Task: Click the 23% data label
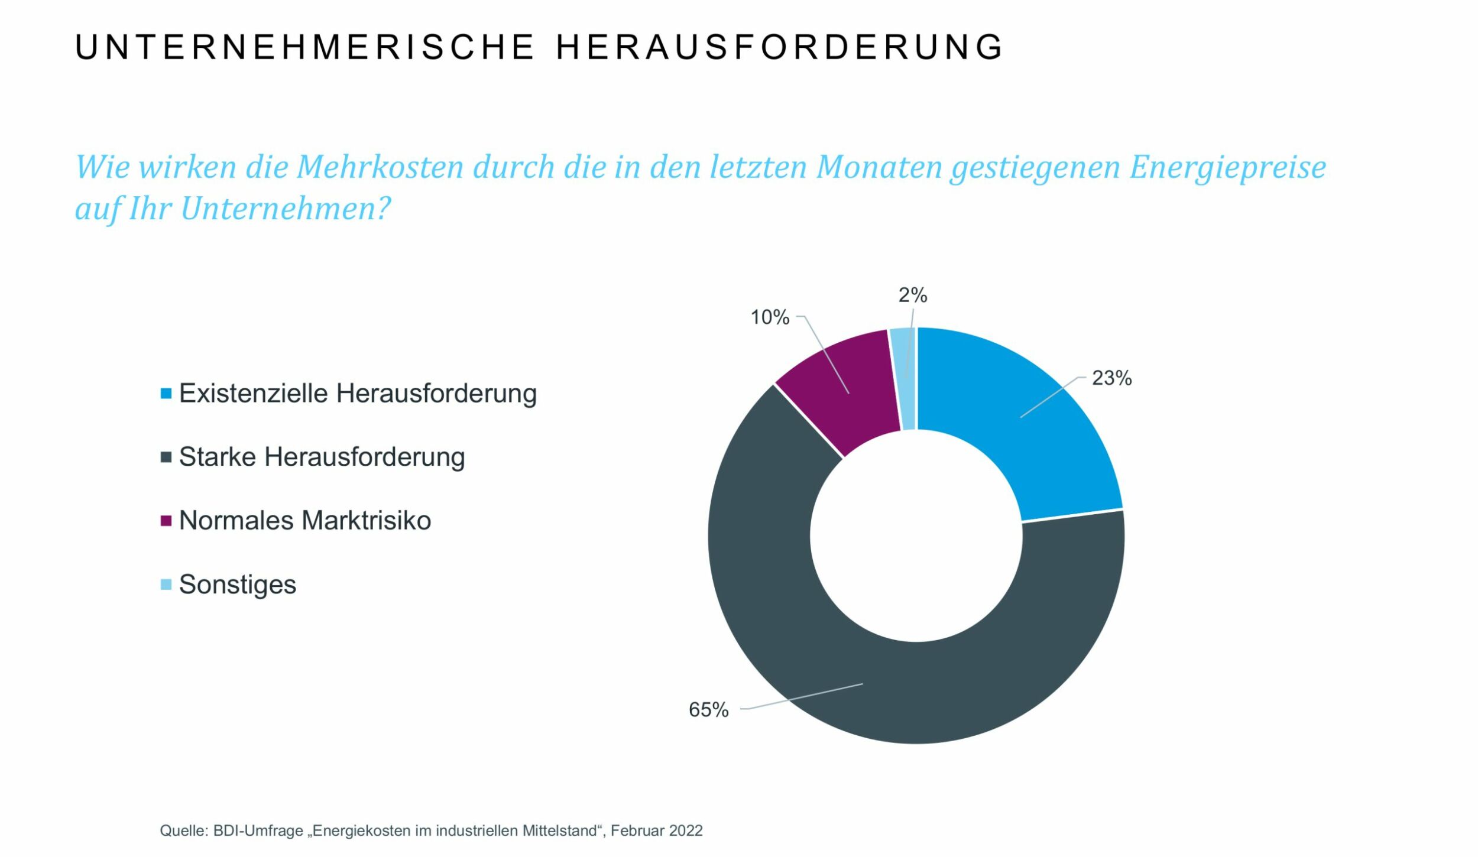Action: pos(1111,378)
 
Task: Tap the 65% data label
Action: pos(708,710)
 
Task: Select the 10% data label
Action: pos(769,317)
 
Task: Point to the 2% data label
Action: pos(912,295)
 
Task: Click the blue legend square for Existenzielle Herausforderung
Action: pos(166,394)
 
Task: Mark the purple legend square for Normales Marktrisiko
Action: pos(166,521)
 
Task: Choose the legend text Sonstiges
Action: pos(237,585)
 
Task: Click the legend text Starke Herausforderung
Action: pos(322,457)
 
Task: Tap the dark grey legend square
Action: pos(166,457)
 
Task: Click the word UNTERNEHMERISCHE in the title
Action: pos(304,47)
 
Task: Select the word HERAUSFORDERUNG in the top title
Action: pos(779,47)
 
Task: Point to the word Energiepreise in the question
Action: pos(1227,167)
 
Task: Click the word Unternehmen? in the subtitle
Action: pos(285,209)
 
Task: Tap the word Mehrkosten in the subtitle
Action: pos(380,167)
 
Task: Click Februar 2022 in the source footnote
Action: pos(656,830)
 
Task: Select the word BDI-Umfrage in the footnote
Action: pos(258,830)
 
